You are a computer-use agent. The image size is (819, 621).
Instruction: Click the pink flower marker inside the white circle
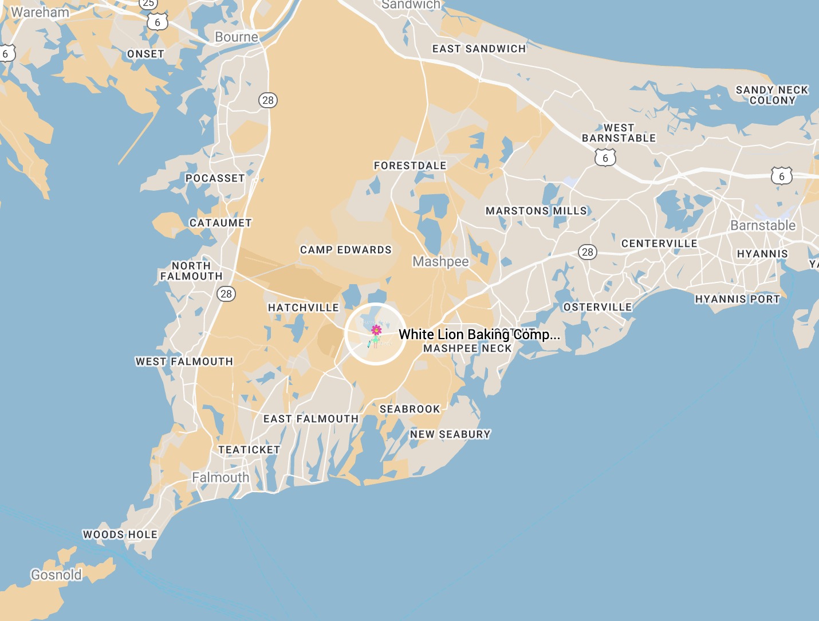[x=376, y=331]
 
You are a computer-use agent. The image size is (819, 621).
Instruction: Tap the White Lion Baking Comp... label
[x=479, y=335]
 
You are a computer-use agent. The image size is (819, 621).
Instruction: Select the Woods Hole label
[x=120, y=534]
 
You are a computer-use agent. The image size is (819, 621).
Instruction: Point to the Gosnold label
[x=56, y=575]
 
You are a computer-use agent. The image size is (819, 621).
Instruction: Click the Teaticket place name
[x=249, y=450]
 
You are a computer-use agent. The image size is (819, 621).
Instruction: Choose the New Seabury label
[x=450, y=434]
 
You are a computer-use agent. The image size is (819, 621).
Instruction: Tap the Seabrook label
[x=410, y=409]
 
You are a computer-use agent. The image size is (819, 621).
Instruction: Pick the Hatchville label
[x=304, y=308]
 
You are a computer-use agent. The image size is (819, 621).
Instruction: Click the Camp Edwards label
[x=346, y=250]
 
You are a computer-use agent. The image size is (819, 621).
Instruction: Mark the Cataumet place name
[x=220, y=223]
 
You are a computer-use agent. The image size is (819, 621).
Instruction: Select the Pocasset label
[x=215, y=178]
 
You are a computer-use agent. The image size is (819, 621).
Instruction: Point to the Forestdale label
[x=410, y=166]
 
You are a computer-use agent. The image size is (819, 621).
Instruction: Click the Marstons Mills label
[x=537, y=211]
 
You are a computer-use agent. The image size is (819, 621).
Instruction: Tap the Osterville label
[x=598, y=307]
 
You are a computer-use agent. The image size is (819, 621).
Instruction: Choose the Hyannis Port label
[x=738, y=299]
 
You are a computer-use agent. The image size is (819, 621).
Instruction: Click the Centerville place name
[x=659, y=243]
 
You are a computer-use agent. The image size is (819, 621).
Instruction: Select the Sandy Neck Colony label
[x=772, y=95]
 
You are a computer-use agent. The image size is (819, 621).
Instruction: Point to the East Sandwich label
[x=479, y=49]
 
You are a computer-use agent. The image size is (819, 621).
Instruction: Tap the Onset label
[x=145, y=54]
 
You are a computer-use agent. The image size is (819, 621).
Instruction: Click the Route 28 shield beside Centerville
[x=588, y=252]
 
